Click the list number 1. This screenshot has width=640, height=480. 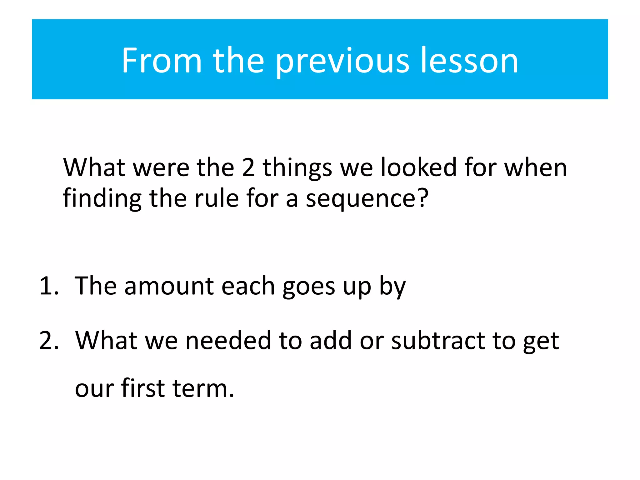pyautogui.click(x=48, y=286)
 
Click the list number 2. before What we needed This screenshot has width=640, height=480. pyautogui.click(x=49, y=340)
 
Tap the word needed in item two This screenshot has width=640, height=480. pyautogui.click(x=228, y=340)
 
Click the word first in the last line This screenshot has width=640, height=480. pyautogui.click(x=142, y=388)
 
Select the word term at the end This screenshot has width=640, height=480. pyautogui.click(x=200, y=388)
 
